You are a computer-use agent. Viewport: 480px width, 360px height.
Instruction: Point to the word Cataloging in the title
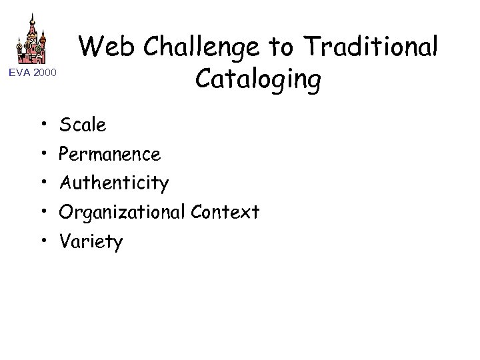point(259,80)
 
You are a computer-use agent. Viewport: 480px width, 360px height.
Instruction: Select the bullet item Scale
point(83,125)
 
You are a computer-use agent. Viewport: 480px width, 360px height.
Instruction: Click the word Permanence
point(110,154)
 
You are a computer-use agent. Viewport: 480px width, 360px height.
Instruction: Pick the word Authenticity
point(114,183)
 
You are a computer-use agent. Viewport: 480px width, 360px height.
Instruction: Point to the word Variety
point(91,241)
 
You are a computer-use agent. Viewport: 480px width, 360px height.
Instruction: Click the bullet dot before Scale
point(42,125)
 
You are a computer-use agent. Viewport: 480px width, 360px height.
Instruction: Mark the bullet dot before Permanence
point(42,154)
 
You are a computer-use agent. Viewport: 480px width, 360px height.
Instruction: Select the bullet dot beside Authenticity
point(42,183)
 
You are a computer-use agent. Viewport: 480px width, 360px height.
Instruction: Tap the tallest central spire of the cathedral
point(31,23)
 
